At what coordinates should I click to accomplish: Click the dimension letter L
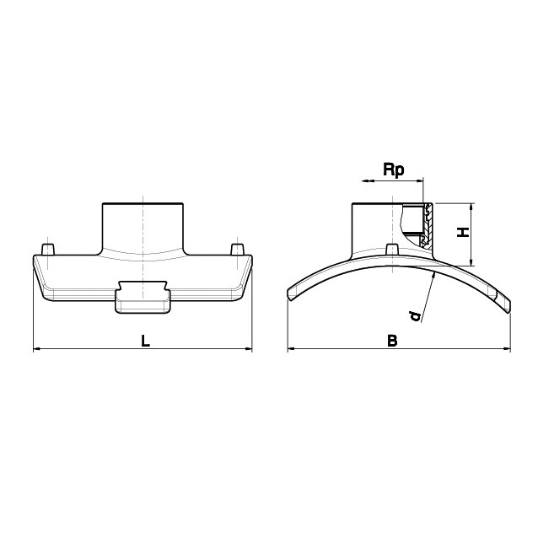tap(146, 341)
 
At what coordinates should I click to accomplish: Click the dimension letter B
tap(392, 341)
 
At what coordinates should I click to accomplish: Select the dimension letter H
tap(463, 232)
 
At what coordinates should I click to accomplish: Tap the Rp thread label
tap(394, 170)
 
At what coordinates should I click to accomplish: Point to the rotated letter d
tap(416, 316)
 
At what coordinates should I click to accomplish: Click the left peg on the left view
tap(48, 250)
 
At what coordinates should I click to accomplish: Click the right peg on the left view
tap(237, 250)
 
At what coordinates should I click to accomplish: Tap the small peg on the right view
tap(392, 249)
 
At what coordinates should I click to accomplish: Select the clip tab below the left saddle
tap(143, 297)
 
